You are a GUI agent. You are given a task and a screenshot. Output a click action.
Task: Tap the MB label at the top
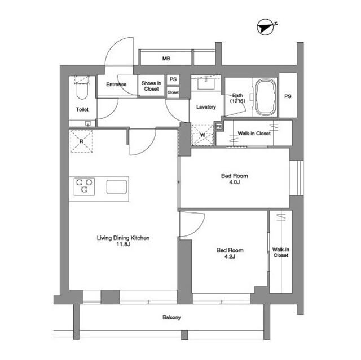point(166,58)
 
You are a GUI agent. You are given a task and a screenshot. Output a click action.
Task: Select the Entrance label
point(116,85)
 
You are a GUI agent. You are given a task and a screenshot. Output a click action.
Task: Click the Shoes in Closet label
point(151,86)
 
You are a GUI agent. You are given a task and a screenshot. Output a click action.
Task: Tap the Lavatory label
point(206,106)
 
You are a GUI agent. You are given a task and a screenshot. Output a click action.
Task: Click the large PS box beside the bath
point(288,96)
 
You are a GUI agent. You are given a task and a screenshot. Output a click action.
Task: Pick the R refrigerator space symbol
point(82,141)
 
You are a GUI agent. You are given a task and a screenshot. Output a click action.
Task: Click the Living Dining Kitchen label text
point(123,238)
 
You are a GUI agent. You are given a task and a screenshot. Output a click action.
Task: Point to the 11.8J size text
point(123,245)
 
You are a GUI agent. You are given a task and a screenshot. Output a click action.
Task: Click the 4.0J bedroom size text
point(234,183)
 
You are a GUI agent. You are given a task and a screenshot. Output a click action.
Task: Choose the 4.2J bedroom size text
point(230,257)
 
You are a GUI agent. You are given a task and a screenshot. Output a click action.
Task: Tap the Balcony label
point(171,318)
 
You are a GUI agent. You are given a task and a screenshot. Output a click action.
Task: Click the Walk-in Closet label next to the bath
point(254,134)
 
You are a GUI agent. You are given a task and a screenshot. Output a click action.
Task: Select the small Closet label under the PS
point(173,92)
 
